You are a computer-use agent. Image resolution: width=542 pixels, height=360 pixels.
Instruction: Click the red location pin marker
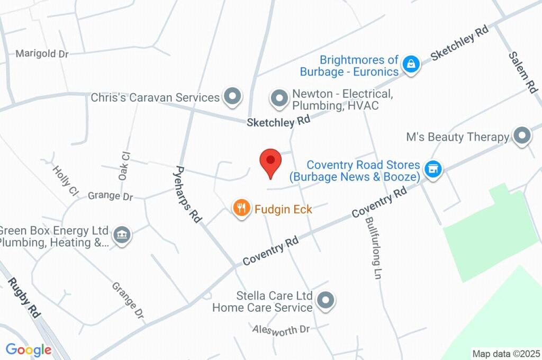[270, 161]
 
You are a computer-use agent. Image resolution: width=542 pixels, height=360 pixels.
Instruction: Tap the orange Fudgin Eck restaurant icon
[241, 208]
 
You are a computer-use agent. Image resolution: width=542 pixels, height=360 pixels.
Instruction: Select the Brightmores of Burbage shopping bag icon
[410, 65]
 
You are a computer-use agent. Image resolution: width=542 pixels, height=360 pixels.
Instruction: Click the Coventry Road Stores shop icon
[433, 170]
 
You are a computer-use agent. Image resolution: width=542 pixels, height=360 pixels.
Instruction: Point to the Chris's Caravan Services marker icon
[231, 97]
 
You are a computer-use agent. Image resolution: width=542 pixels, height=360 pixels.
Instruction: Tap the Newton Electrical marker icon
[278, 97]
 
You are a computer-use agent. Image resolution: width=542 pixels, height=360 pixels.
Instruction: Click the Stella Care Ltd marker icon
[326, 300]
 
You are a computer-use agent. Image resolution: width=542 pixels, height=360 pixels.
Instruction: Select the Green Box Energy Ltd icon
[122, 235]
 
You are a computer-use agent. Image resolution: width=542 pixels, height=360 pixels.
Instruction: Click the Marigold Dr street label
[42, 53]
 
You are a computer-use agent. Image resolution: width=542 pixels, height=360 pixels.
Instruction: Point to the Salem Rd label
[523, 72]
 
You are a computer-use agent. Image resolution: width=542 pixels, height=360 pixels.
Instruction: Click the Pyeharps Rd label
[188, 194]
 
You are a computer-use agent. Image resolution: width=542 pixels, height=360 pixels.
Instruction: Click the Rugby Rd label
[24, 298]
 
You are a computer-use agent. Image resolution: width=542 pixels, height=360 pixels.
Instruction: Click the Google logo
[29, 349]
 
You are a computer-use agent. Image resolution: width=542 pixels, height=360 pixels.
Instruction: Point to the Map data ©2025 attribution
[506, 354]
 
